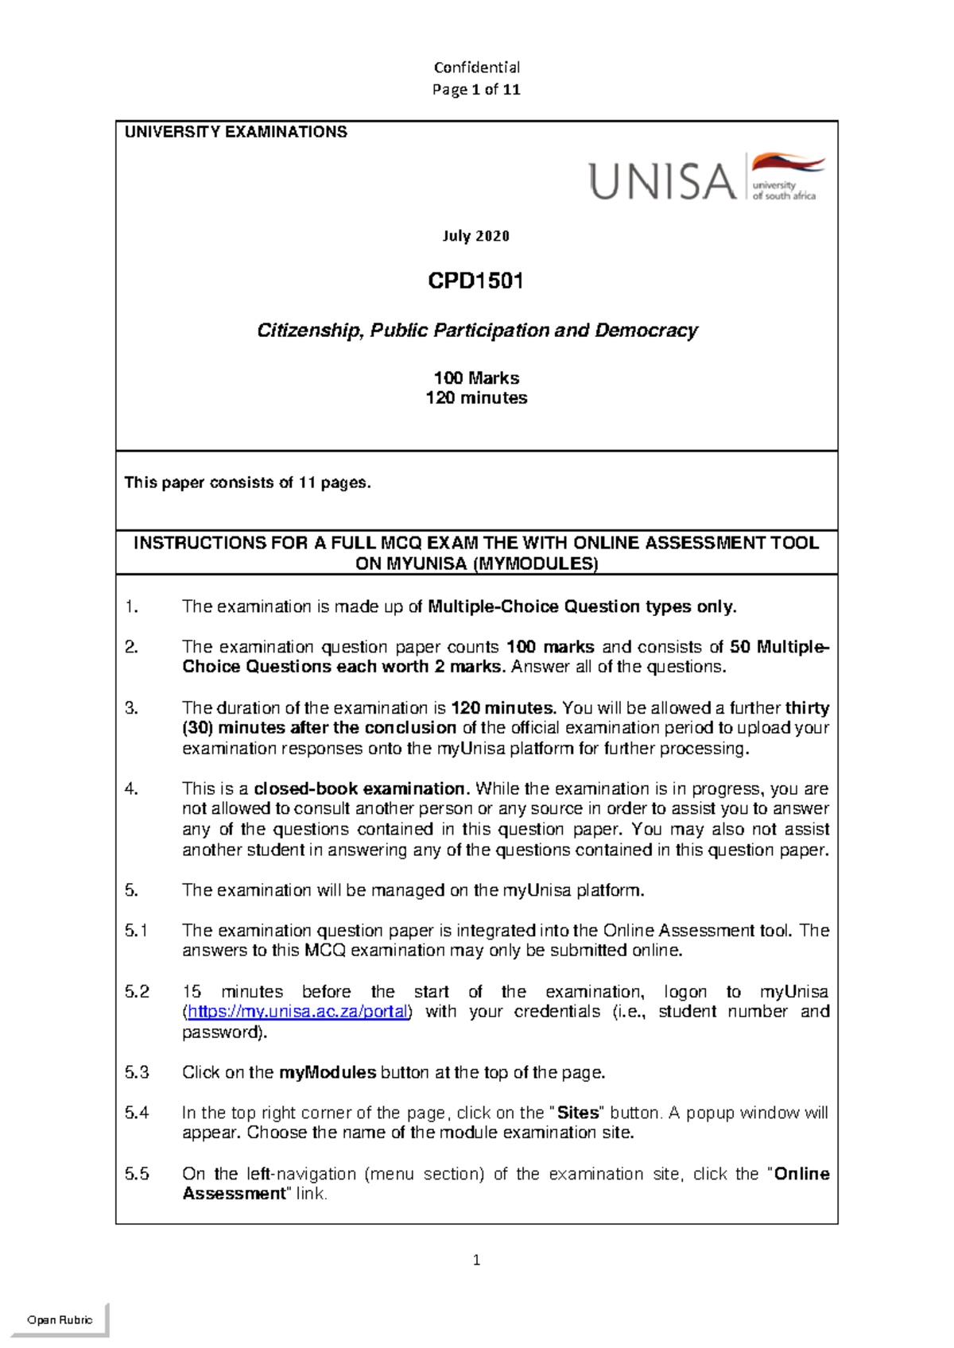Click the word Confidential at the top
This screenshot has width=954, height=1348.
pos(476,68)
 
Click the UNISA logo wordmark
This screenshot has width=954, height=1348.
pos(662,181)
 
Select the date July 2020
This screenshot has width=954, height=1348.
pos(475,236)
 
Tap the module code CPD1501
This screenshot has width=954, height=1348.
pos(475,281)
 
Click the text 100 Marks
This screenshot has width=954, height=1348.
pos(476,378)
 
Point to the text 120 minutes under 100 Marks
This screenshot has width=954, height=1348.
pos(476,398)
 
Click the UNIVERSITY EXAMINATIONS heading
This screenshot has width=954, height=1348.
pos(236,133)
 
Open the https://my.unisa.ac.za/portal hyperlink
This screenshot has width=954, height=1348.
pos(298,1012)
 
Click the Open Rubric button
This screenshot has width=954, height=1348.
pos(60,1319)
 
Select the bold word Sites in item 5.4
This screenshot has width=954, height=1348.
pos(578,1113)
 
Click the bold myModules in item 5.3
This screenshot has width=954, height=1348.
pos(328,1072)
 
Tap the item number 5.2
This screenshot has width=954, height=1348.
pos(137,992)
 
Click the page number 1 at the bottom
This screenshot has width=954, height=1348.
pos(476,1260)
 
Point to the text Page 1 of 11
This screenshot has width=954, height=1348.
pos(476,90)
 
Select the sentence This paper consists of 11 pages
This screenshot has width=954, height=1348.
pos(247,483)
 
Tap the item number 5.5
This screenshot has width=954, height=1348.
pos(137,1174)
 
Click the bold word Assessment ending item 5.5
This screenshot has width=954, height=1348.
pos(234,1194)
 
